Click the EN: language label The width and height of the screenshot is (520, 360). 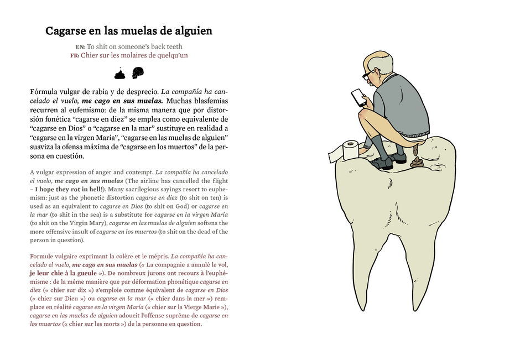click(80, 47)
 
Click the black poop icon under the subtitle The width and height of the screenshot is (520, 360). click(119, 73)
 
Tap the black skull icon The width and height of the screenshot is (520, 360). click(138, 72)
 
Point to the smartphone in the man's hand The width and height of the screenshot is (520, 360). click(358, 97)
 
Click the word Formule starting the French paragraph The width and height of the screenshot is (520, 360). click(44, 257)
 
